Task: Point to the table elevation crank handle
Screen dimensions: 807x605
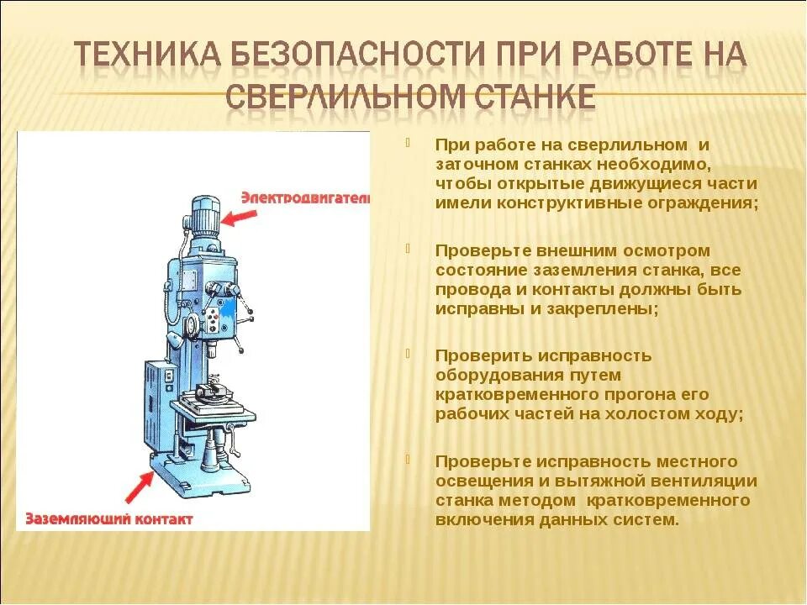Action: (x=229, y=434)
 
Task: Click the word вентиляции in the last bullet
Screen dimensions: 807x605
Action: (x=702, y=481)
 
